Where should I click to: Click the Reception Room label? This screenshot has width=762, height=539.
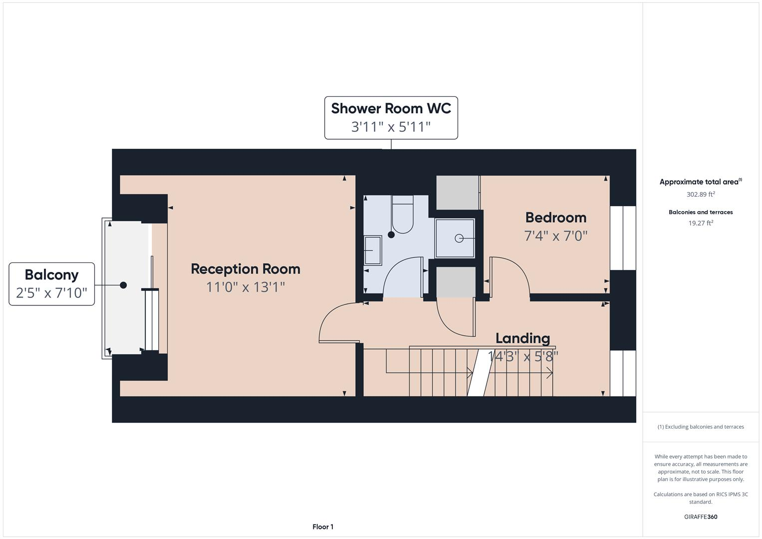(x=246, y=269)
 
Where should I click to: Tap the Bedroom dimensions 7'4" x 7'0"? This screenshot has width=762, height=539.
(x=555, y=236)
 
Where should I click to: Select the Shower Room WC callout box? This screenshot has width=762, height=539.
(x=391, y=118)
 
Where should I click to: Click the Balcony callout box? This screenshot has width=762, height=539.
(x=51, y=283)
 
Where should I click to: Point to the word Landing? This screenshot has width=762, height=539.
(x=522, y=338)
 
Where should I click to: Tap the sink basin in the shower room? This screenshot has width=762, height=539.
(x=372, y=250)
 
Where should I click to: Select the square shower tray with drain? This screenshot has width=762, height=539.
(x=455, y=238)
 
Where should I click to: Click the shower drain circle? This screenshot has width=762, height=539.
(x=459, y=239)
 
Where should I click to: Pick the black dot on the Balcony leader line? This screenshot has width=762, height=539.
(x=123, y=285)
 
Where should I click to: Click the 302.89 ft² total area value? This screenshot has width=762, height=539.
(x=701, y=194)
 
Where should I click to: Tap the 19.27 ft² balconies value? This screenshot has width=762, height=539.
(x=701, y=223)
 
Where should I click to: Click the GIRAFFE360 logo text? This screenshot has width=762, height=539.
(x=701, y=517)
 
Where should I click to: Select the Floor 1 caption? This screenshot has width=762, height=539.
(x=323, y=527)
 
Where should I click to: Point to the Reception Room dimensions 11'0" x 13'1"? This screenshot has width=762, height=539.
(x=246, y=287)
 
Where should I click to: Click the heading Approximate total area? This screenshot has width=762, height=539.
(x=700, y=182)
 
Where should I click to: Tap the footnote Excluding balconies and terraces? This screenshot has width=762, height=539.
(x=701, y=427)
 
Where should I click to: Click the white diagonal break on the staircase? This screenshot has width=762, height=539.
(x=478, y=372)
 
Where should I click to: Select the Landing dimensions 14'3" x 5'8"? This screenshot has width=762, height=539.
(x=522, y=356)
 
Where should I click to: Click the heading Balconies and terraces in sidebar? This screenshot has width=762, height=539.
(x=701, y=212)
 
